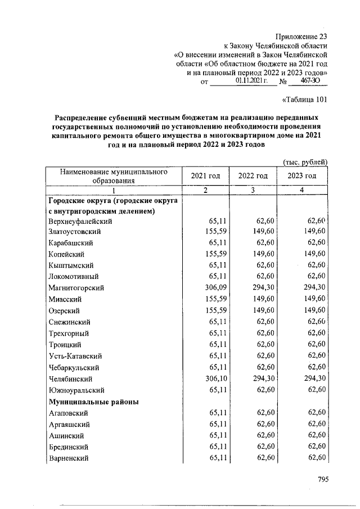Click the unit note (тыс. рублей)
(x=304, y=162)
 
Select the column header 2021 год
(x=205, y=176)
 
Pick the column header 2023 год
(x=302, y=176)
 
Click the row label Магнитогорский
(x=78, y=288)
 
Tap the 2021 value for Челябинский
(x=208, y=379)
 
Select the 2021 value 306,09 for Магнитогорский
(x=208, y=288)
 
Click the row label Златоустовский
(x=74, y=231)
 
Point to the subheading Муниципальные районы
(x=93, y=402)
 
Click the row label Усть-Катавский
(x=74, y=356)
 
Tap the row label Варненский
(x=69, y=458)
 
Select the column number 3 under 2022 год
(x=253, y=190)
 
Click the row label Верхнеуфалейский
(x=80, y=222)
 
